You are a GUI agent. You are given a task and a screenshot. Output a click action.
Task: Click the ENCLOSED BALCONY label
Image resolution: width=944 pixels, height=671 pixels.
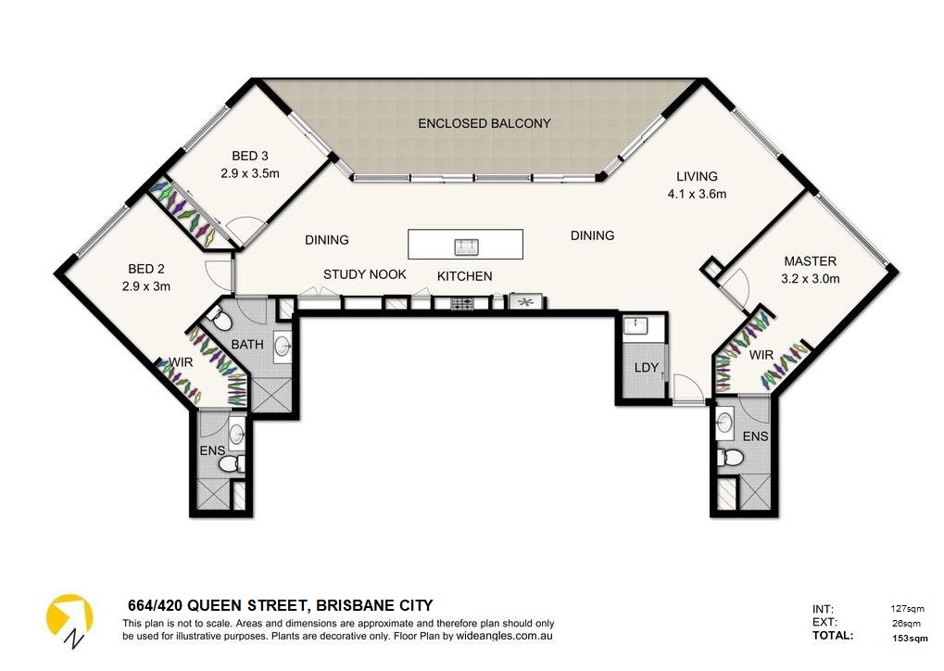pos(484,123)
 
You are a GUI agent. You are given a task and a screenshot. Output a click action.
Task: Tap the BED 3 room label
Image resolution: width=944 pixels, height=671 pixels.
pos(249,156)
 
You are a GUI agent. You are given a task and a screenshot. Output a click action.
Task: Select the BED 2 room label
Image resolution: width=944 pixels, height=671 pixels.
pos(146,270)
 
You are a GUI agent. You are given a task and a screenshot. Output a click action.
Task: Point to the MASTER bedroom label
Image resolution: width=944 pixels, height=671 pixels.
pos(811,261)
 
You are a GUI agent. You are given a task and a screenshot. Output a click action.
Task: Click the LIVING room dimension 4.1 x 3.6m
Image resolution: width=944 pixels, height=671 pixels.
pos(697,194)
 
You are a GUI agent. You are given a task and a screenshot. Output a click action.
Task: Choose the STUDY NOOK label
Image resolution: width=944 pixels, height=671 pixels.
pos(365,274)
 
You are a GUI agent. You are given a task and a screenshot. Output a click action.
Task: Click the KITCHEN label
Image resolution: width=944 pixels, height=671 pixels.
pos(464,276)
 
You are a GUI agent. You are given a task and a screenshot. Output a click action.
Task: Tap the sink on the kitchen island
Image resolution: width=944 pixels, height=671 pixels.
pos(465,246)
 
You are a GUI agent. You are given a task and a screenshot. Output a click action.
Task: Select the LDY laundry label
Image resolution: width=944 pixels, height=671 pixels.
pos(647,368)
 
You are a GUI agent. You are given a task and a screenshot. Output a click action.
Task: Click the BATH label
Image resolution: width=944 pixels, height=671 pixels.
pos(247,344)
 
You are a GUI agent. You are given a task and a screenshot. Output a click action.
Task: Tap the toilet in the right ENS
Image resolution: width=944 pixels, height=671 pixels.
pos(732,458)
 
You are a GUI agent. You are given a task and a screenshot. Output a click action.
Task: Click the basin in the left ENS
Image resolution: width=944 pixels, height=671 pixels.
pos(237,432)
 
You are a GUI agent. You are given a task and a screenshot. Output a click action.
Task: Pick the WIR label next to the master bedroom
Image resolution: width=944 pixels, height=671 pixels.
pos(761,355)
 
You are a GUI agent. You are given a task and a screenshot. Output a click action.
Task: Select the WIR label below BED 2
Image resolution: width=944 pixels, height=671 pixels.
pos(180,362)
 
